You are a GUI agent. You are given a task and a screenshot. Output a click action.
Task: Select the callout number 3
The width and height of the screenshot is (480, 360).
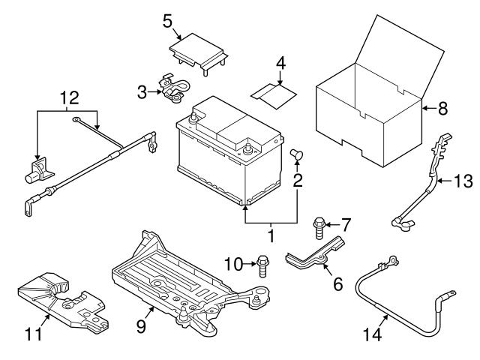[x=142, y=93]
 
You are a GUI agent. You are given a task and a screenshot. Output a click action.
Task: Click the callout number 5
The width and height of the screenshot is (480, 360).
[x=169, y=20]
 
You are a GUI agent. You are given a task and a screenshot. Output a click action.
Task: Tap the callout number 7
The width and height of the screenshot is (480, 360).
[x=346, y=223]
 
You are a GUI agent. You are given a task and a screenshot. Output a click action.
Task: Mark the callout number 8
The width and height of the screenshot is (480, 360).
[x=443, y=109]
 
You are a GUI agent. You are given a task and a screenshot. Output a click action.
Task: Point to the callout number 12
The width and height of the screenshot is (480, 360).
[x=68, y=97]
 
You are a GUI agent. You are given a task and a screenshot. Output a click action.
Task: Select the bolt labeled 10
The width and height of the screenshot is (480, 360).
[x=262, y=265]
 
